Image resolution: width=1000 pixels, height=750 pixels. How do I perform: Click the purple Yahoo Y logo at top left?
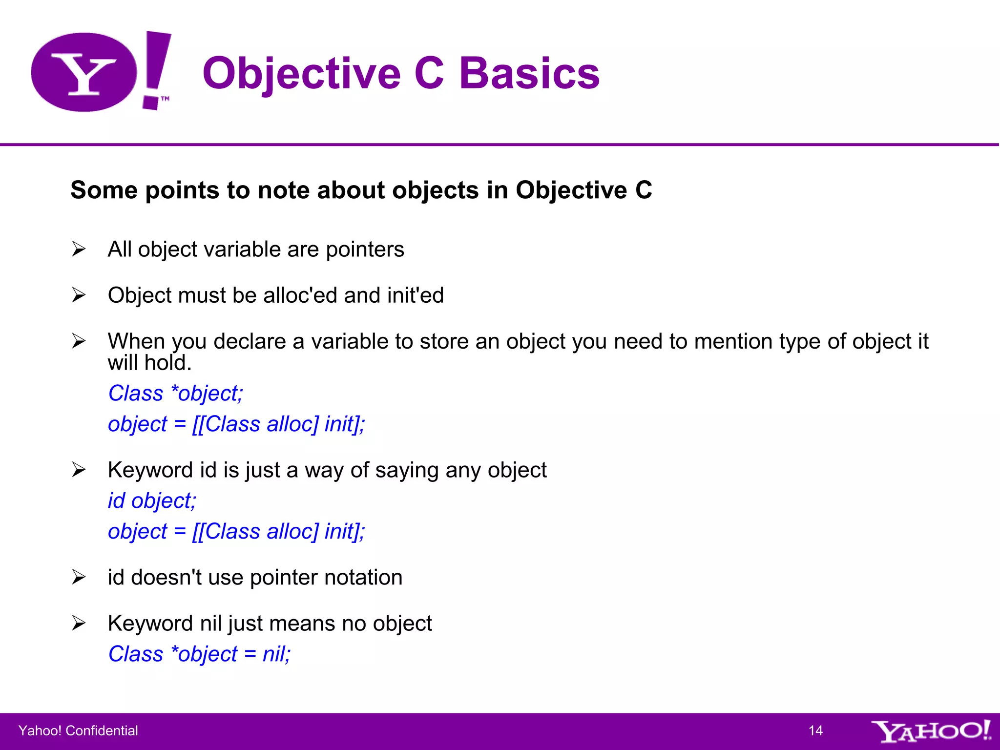point(84,72)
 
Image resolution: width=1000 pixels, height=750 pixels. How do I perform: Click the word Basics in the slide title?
point(529,73)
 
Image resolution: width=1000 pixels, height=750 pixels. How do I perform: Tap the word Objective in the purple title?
point(301,73)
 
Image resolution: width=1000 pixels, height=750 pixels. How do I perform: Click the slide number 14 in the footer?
point(815,730)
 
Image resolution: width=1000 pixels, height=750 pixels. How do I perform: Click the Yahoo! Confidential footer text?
point(78,730)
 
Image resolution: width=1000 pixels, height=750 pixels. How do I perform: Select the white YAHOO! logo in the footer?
point(931,730)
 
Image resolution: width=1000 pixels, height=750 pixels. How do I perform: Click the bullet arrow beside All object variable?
point(79,249)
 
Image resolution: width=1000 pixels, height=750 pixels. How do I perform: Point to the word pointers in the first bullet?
point(365,250)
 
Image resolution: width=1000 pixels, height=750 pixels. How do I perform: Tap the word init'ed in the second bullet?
point(415,295)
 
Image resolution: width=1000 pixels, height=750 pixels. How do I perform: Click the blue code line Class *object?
point(176,394)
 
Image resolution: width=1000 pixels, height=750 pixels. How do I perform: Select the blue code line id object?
point(152,501)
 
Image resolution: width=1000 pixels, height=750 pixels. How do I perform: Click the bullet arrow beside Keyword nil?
point(79,623)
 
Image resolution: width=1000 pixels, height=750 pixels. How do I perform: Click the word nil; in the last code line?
point(276,654)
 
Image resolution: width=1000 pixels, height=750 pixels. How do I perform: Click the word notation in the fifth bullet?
point(363,578)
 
